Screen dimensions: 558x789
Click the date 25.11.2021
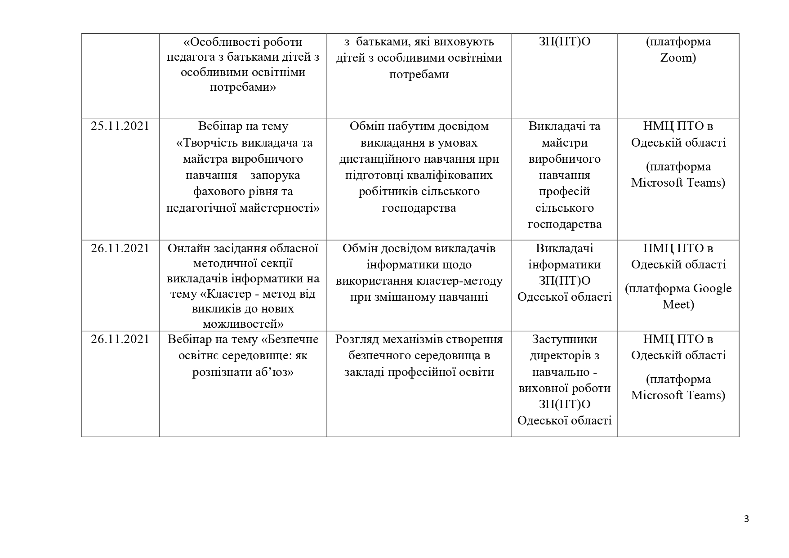click(x=120, y=126)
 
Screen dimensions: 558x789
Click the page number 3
click(x=747, y=519)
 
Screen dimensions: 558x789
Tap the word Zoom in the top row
click(x=678, y=58)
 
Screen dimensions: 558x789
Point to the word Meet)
click(x=678, y=305)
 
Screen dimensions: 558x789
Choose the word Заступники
click(x=564, y=339)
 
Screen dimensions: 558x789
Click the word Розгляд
click(x=355, y=339)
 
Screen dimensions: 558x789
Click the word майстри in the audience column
click(x=564, y=143)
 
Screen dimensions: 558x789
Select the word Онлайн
click(x=185, y=249)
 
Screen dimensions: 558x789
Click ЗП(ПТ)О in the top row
click(x=564, y=42)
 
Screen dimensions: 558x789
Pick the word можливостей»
click(x=243, y=324)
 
